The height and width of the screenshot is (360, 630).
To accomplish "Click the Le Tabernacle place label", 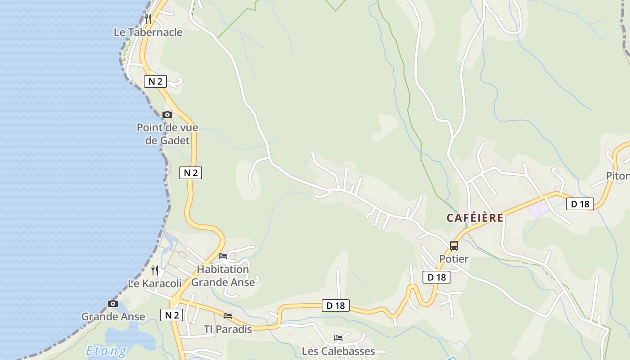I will click(148, 32).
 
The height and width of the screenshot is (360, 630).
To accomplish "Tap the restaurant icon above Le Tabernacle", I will click(148, 18).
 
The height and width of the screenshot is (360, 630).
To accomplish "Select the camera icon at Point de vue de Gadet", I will click(167, 114).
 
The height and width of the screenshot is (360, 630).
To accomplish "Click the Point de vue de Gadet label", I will click(167, 134).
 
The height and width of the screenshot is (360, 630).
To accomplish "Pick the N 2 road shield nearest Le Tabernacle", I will click(155, 81).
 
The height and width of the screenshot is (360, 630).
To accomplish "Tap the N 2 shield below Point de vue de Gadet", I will click(190, 173).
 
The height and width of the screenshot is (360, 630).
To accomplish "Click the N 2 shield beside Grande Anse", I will click(171, 315).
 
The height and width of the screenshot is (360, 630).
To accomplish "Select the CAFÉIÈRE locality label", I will click(475, 218).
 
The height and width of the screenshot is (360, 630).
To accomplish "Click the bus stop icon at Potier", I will click(454, 246).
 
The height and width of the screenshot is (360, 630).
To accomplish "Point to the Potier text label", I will click(454, 259).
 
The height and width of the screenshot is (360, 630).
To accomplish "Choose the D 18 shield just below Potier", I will click(436, 277).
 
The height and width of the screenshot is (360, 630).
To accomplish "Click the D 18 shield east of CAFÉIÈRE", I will click(580, 204).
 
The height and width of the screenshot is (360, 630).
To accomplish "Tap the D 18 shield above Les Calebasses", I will click(335, 306).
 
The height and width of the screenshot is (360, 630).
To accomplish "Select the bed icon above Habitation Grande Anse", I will click(223, 256).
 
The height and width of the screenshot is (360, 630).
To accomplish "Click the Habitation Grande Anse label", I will click(223, 276).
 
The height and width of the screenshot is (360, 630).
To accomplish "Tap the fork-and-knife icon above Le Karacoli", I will click(155, 270).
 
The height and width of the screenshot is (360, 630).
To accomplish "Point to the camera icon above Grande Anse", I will click(113, 303).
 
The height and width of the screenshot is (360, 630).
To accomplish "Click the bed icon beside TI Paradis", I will click(228, 316).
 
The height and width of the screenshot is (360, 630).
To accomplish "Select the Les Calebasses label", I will click(338, 351).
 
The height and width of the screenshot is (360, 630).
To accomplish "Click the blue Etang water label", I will click(106, 351).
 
